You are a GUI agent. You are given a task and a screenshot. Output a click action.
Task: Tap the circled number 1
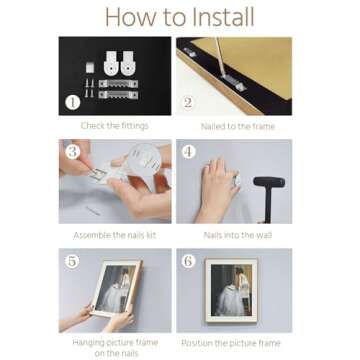coord(72,102)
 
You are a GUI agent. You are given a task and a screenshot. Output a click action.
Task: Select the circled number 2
coord(188,102)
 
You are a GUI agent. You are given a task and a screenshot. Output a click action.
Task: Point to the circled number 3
coord(72,152)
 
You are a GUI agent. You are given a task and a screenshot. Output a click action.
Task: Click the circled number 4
coord(188,152)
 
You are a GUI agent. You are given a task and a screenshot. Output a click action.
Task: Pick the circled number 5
coord(72,261)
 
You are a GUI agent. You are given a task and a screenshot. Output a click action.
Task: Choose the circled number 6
coord(188,261)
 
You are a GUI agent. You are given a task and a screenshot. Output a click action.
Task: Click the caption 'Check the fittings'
coord(114,126)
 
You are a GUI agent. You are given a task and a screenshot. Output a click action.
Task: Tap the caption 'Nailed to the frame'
coord(238,126)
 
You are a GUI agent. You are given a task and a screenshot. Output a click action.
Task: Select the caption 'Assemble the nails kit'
coord(114,235)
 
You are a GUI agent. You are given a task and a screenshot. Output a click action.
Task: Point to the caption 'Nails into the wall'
coord(238,235)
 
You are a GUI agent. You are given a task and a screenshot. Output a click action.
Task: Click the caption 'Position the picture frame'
coord(231,343)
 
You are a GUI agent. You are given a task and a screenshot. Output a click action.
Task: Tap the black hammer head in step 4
coord(269,182)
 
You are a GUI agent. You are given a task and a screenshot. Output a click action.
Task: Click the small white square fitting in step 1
coord(90,68)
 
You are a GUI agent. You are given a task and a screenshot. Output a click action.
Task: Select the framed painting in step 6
coord(231,290)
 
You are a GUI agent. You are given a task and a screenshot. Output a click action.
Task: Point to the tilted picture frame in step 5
coord(117,288)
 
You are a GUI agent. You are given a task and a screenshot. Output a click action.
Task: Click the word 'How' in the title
coord(127,17)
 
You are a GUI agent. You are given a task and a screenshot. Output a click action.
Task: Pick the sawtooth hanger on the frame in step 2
coord(234,82)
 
